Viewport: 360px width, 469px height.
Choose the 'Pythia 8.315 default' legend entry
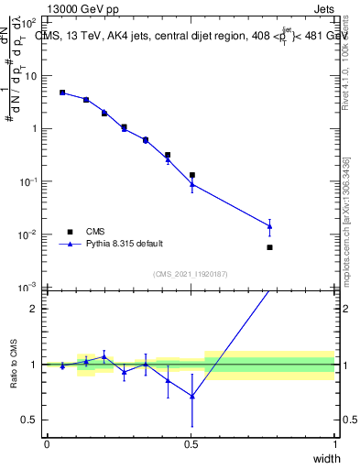(124, 244)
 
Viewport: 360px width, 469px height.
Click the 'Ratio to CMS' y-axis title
(14, 364)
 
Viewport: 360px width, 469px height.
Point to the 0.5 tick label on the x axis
(191, 444)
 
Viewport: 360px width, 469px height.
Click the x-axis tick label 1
(334, 444)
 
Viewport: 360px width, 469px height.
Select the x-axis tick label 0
(47, 444)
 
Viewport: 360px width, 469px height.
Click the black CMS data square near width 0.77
(269, 247)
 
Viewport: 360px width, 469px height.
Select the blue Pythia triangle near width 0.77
(269, 226)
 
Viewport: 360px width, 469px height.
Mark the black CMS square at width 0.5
(191, 175)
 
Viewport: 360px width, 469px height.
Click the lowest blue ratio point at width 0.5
(191, 396)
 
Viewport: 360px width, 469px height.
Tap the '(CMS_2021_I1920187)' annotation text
(191, 274)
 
